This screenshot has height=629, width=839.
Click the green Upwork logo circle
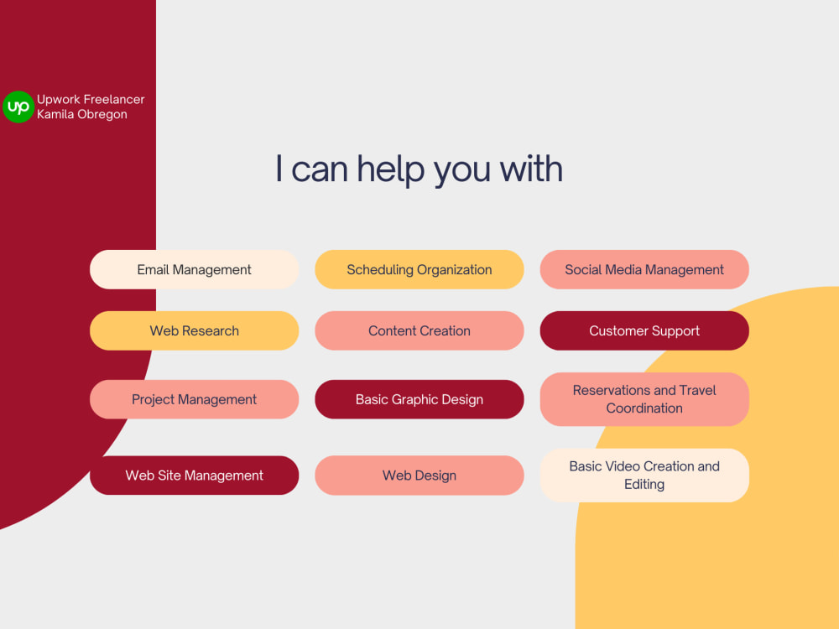tap(18, 107)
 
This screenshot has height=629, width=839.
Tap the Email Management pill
tap(195, 269)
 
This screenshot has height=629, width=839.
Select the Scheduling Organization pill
tap(419, 269)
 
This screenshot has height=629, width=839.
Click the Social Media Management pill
tap(644, 269)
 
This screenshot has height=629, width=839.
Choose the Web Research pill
tap(195, 330)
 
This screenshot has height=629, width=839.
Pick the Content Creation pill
tap(419, 330)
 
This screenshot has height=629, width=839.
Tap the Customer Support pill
tap(644, 330)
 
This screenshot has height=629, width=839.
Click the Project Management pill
tap(195, 399)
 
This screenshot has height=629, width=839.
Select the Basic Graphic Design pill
tap(419, 399)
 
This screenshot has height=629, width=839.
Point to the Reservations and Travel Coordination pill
tap(644, 399)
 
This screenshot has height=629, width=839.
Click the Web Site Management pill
tap(195, 476)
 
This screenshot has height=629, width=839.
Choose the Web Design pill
tap(419, 476)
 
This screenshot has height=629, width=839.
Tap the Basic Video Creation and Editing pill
tap(644, 475)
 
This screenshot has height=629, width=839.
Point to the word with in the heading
tap(531, 169)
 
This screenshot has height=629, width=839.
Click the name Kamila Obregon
tap(82, 114)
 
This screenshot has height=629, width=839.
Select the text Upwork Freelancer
tap(91, 100)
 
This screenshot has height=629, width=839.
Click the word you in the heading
tap(461, 172)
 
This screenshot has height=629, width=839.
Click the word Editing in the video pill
tap(644, 485)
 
